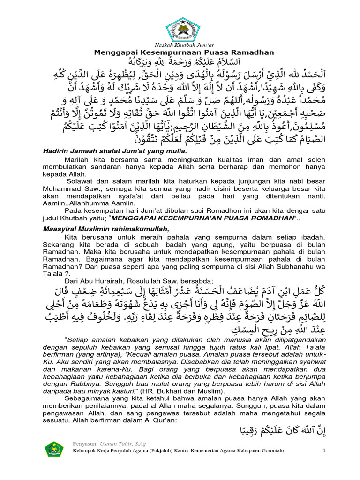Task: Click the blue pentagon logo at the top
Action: point(180,28)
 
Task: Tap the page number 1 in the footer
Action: point(323,451)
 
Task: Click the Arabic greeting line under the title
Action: point(180,62)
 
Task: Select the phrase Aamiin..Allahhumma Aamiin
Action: point(83,205)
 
